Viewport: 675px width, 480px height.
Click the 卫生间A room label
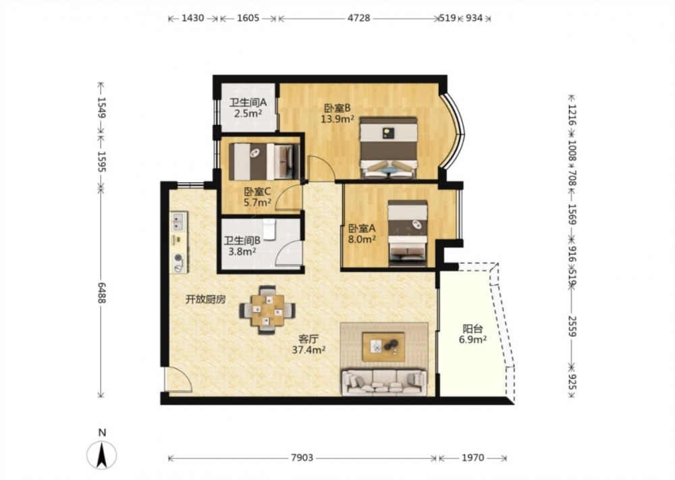click(248, 108)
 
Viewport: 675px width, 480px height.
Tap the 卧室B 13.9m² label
click(337, 113)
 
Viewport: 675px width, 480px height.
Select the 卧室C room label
click(257, 196)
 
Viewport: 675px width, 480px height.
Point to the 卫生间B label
click(242, 246)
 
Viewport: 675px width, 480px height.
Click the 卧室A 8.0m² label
click(362, 234)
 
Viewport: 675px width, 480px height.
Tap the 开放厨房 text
click(206, 299)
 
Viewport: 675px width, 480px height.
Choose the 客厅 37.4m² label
click(308, 344)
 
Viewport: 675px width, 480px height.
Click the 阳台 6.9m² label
click(473, 334)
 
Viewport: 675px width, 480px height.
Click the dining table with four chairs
click(267, 310)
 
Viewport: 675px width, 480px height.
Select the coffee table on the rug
click(383, 346)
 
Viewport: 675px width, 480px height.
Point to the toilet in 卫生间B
click(269, 229)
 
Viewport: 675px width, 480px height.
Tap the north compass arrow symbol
click(102, 454)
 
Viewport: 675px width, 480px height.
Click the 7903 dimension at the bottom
click(302, 458)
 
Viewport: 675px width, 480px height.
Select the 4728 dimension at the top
click(358, 18)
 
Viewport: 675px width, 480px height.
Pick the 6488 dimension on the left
click(101, 293)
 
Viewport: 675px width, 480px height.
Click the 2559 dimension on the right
click(572, 326)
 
